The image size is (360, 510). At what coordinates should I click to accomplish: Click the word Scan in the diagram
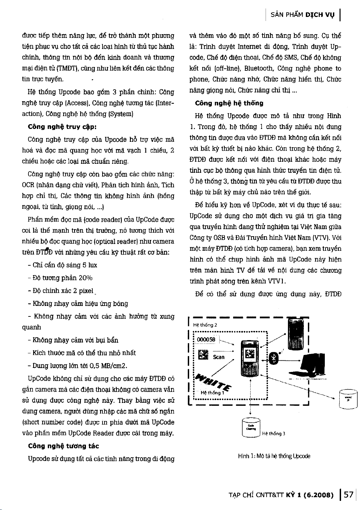tap(219, 357)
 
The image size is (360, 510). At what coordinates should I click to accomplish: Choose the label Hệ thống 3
tap(274, 434)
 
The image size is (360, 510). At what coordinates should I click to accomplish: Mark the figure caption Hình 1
tap(274, 456)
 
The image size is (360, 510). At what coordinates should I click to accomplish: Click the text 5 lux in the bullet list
tap(90, 265)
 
